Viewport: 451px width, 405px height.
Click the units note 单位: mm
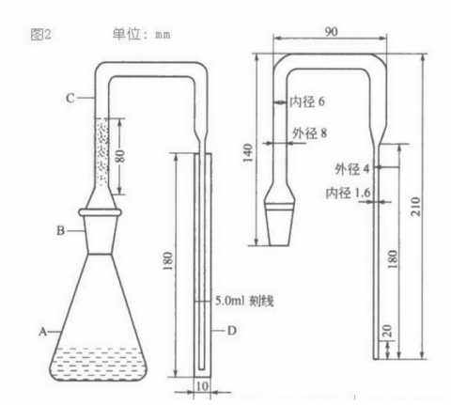141,35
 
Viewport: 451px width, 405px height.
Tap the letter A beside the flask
41,331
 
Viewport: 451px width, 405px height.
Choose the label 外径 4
351,169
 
